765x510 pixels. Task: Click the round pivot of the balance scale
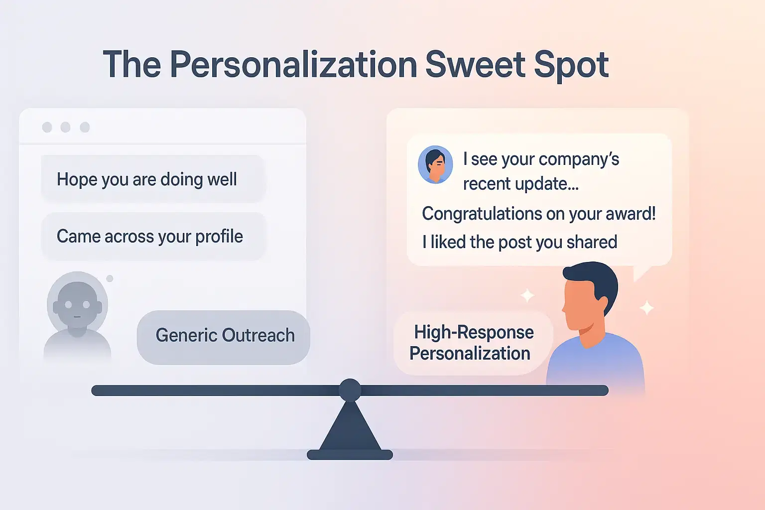tap(350, 389)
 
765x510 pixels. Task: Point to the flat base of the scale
tap(350, 454)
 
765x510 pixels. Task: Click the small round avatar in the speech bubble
tap(435, 164)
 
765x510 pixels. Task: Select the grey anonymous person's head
tap(77, 301)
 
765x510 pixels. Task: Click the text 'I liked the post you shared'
tap(519, 242)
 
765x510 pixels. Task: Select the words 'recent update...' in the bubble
tap(520, 184)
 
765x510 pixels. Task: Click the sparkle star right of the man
tap(646, 307)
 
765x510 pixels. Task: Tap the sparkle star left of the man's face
tap(527, 295)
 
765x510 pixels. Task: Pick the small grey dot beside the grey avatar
tap(110, 278)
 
